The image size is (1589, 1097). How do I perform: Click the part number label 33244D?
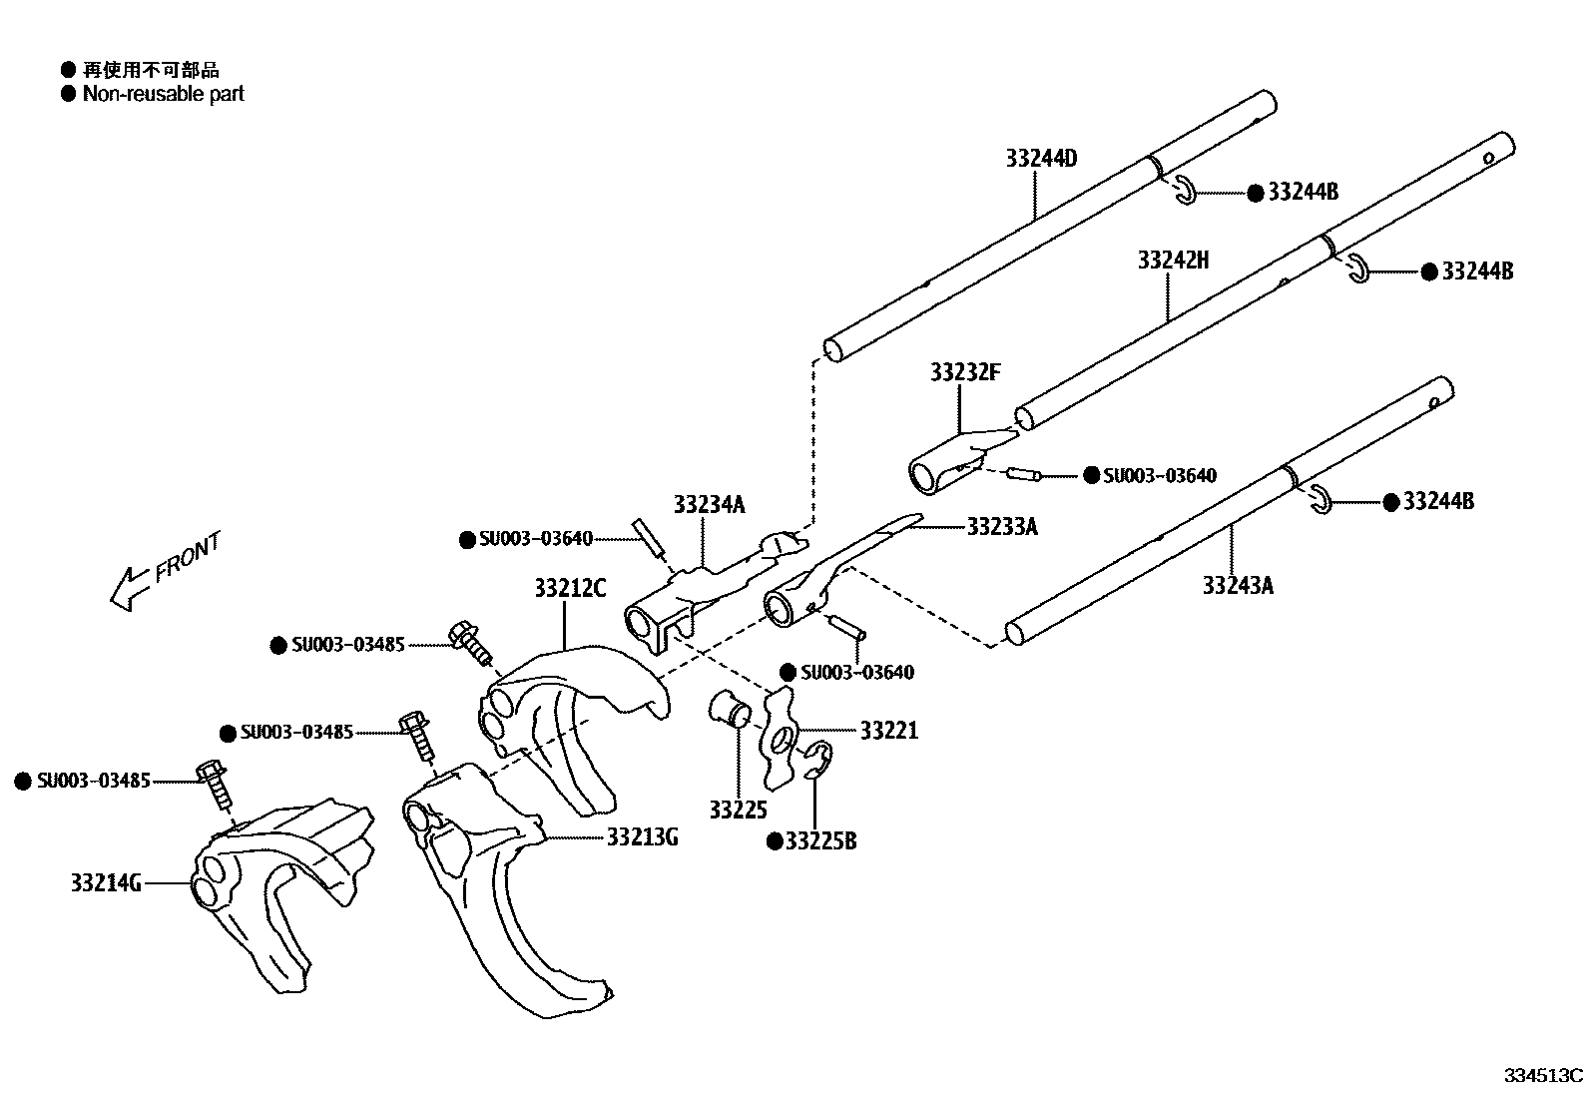tap(1041, 159)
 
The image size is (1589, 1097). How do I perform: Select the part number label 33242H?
tap(1173, 261)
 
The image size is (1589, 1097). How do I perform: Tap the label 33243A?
tap(1238, 586)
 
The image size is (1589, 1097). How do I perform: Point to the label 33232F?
tap(964, 372)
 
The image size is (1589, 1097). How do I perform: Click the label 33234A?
tap(709, 504)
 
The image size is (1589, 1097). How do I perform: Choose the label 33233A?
tap(1002, 527)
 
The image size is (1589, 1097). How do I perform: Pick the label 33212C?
tap(570, 588)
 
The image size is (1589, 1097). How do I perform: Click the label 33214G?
tap(106, 882)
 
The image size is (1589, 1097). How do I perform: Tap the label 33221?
tap(888, 732)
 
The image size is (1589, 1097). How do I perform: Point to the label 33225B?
tap(820, 841)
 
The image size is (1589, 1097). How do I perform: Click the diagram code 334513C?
tap(1543, 1076)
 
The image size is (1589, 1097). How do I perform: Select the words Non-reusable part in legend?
tap(163, 94)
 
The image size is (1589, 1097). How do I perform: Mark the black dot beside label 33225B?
tap(774, 841)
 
